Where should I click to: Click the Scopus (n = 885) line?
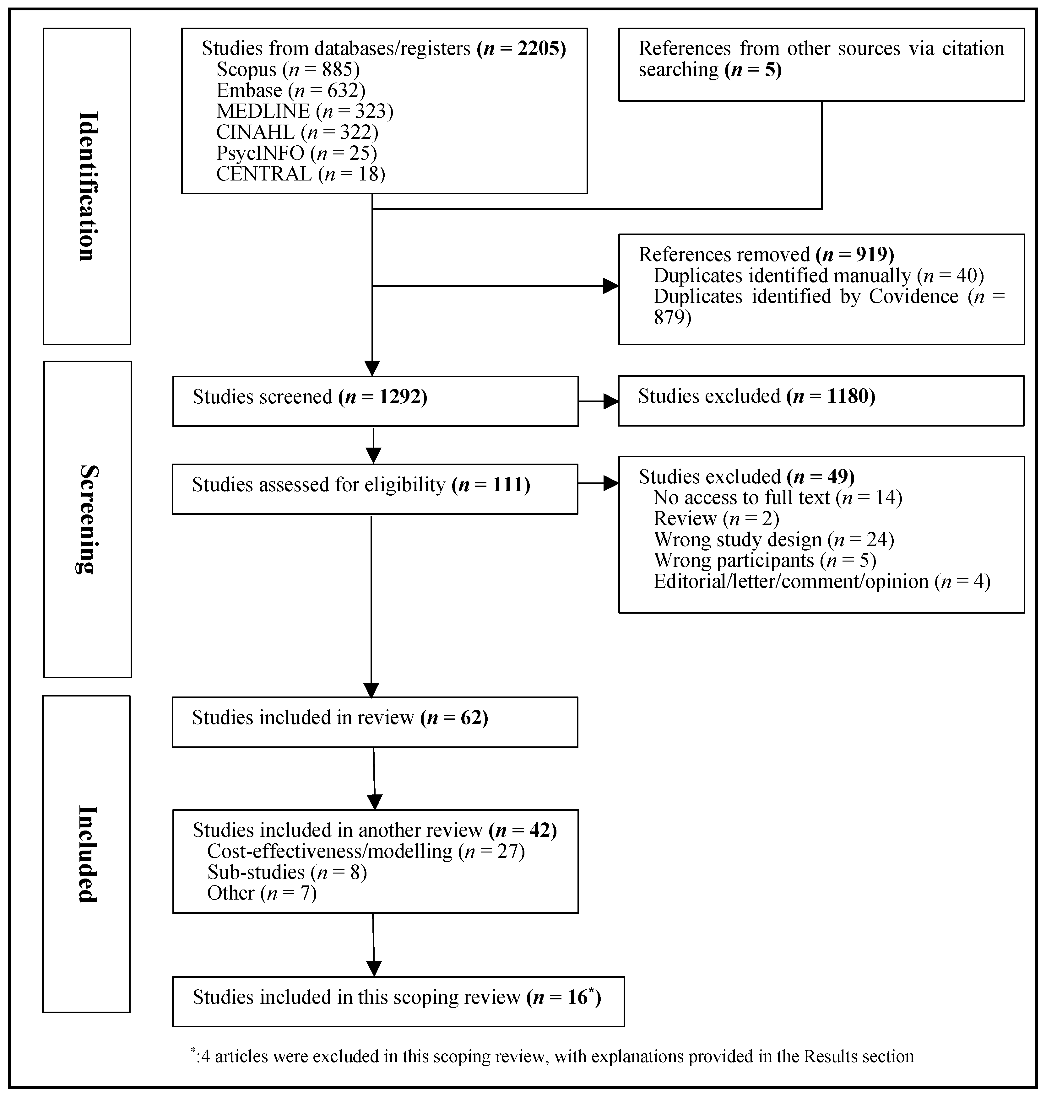pos(288,70)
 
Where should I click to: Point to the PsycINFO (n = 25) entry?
pos(296,153)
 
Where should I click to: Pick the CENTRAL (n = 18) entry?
pos(301,174)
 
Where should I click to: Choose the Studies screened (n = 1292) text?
pos(309,397)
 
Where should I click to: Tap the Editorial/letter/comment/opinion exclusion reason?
pos(821,581)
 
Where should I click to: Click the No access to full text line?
pos(777,497)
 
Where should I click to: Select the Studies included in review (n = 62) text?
pos(339,718)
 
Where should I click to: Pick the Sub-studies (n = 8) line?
pos(287,872)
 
